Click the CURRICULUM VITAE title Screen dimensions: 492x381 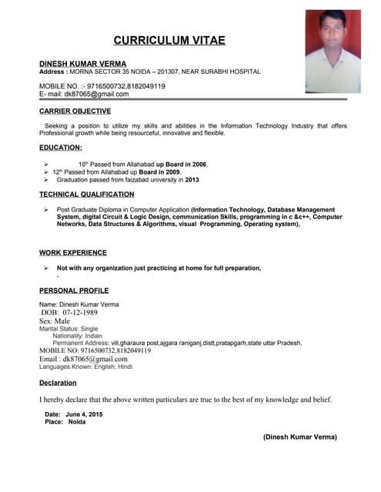point(169,40)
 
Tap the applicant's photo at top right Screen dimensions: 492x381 point(333,51)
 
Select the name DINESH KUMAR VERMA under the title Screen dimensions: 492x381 point(83,63)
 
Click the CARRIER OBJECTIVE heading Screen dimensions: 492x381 point(75,111)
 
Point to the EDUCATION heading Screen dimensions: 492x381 point(61,147)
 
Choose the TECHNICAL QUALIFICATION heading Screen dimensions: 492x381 point(87,194)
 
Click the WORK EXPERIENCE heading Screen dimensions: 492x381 point(73,252)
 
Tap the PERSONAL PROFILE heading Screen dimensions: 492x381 point(74,291)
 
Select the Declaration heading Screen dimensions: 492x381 point(58,382)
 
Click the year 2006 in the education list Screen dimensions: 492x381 point(199,165)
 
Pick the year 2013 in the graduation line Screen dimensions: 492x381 point(192,180)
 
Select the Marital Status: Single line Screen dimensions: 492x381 point(69,328)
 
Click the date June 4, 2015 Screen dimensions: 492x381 point(85,414)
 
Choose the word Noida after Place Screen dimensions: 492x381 point(77,422)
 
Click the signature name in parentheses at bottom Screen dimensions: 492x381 point(300,437)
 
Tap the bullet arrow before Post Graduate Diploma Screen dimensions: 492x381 point(47,210)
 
